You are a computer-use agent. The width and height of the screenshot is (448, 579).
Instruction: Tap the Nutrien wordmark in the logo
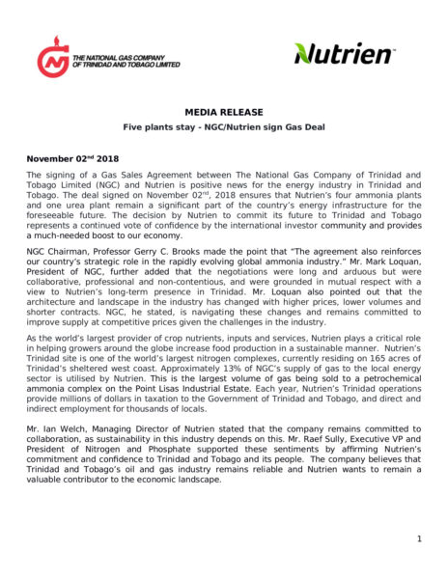352,55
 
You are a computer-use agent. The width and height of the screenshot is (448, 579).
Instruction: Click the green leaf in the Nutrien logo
308,50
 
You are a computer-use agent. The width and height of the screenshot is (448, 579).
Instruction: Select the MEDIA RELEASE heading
223,112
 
